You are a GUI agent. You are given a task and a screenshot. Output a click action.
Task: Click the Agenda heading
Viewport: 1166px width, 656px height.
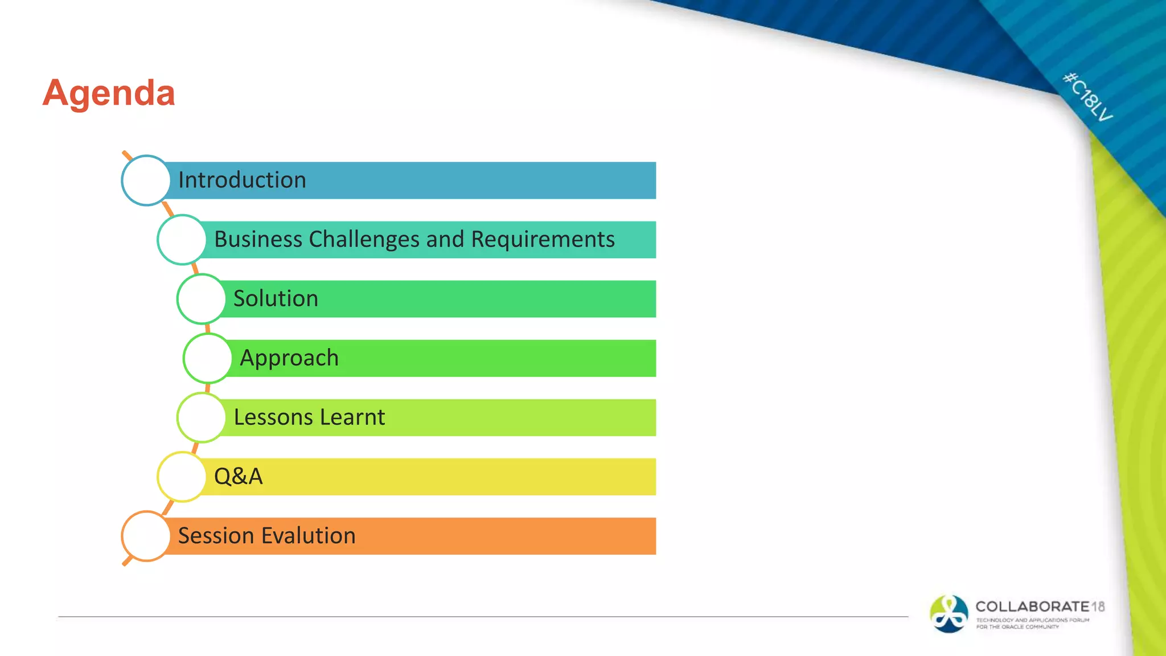point(109,93)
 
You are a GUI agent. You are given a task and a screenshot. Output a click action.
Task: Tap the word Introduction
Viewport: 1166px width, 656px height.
point(242,180)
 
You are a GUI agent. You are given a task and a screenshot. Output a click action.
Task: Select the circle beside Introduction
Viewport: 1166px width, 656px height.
point(146,181)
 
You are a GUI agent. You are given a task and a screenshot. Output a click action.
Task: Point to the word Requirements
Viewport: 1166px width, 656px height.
point(543,239)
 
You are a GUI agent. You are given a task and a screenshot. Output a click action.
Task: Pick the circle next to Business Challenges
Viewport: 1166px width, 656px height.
point(182,240)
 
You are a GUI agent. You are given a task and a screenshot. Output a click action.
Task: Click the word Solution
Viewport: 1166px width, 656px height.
point(276,298)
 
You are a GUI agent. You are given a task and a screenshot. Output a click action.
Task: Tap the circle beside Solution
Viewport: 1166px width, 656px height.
point(201,299)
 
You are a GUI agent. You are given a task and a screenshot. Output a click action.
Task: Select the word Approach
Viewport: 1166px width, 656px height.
point(289,358)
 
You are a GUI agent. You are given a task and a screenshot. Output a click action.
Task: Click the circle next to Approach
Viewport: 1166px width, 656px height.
point(207,358)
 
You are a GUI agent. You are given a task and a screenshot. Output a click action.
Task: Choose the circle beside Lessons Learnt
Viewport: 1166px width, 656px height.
point(201,417)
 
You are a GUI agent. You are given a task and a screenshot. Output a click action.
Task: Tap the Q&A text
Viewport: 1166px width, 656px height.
point(238,476)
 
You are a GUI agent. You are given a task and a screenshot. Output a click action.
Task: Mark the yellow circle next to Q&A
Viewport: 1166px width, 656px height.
point(182,477)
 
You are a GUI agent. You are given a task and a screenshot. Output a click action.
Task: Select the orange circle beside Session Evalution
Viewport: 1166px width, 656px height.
point(146,536)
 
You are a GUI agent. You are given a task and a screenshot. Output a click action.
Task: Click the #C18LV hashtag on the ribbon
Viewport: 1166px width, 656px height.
point(1087,97)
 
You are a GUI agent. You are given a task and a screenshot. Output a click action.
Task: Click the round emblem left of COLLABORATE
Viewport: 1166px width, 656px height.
point(949,614)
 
